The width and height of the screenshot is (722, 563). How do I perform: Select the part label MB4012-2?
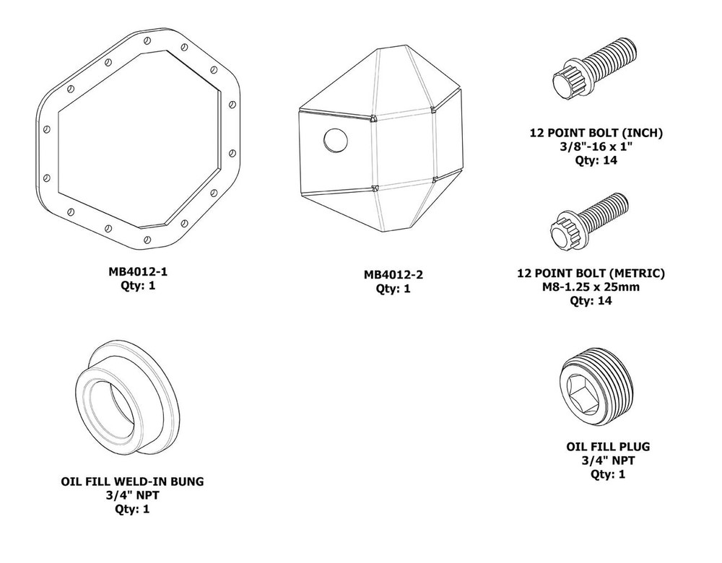pyautogui.click(x=393, y=275)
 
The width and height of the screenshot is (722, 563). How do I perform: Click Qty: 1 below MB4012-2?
pyautogui.click(x=393, y=289)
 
